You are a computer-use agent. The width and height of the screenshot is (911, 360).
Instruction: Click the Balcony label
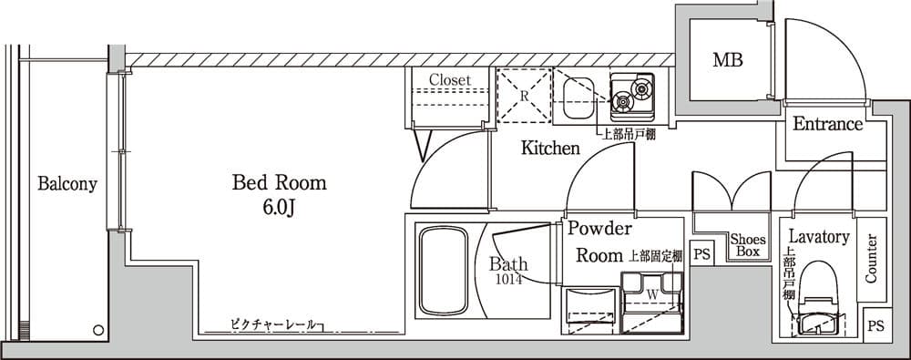(67, 184)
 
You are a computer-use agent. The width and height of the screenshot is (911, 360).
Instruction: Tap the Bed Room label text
(279, 183)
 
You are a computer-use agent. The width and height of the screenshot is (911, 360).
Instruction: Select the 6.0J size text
(279, 209)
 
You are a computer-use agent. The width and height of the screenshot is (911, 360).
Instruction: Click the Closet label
(449, 80)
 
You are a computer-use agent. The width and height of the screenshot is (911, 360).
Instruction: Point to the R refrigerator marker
(524, 95)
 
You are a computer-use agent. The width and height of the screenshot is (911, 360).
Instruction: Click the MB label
(727, 61)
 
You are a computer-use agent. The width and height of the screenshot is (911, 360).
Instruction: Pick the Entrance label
(827, 125)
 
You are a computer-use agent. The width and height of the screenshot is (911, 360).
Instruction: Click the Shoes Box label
(748, 244)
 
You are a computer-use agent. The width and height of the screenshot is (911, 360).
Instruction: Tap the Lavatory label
(819, 237)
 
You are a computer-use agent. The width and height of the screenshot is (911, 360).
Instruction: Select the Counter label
(871, 258)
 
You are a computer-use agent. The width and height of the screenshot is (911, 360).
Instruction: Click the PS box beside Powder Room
(701, 253)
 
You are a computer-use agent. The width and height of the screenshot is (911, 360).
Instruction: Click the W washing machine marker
(652, 293)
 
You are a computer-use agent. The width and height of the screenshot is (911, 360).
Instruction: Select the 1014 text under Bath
(509, 280)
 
